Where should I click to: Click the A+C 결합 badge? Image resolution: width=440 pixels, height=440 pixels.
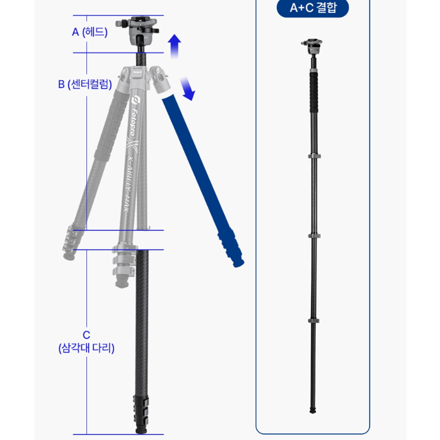[x=312, y=8]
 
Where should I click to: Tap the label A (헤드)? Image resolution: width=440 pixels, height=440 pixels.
[x=90, y=32]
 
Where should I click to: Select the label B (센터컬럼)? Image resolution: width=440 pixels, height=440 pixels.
[x=85, y=84]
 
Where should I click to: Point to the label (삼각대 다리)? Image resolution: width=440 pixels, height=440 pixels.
[x=86, y=348]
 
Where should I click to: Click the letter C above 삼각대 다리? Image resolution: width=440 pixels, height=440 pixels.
[x=86, y=335]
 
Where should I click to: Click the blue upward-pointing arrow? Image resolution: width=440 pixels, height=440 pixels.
[x=174, y=46]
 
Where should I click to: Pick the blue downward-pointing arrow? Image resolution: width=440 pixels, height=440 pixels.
[x=188, y=88]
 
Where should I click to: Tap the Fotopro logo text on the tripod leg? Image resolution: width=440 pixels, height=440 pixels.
[x=135, y=117]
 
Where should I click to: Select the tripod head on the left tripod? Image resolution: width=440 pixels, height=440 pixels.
[x=137, y=30]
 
